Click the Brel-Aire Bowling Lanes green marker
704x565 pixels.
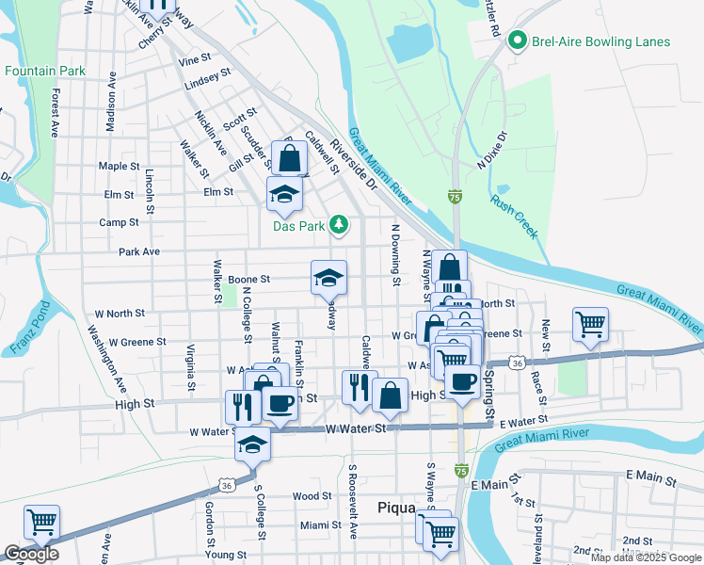coord(516,41)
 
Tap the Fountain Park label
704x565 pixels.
coord(44,71)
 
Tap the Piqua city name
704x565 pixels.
coord(396,508)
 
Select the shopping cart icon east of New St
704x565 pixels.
coord(590,325)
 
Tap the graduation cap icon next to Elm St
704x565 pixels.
coord(284,194)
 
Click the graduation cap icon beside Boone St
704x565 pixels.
coord(328,278)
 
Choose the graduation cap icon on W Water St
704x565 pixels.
coord(252,443)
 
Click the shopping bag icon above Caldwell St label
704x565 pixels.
coord(293,159)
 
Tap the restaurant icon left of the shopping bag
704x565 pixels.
coord(359,387)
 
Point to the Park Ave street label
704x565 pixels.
coord(138,252)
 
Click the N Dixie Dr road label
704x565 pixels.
coord(491,150)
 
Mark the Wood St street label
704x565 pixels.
coord(311,496)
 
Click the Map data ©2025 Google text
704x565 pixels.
coord(645,557)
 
